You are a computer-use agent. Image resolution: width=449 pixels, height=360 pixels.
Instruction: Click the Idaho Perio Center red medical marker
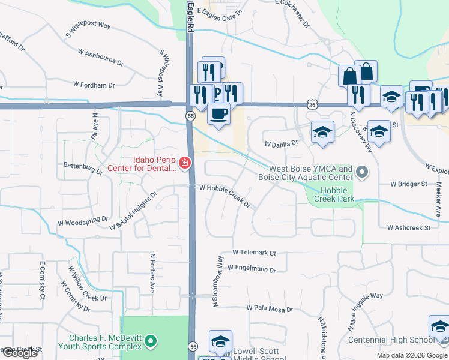point(184,163)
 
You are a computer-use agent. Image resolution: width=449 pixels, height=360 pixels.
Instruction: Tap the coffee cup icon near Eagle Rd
point(218,113)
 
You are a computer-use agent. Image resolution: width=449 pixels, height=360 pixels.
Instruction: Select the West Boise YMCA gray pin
point(361,173)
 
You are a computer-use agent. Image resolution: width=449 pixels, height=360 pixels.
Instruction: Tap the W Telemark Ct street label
point(254,253)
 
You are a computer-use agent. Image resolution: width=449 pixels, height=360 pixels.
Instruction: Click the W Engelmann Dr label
point(252,269)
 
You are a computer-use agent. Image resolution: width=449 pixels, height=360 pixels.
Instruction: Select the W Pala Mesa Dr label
point(270,310)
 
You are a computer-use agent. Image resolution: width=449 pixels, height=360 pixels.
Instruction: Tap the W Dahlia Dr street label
point(282,143)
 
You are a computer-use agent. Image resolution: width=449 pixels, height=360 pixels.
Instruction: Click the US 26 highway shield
point(311,104)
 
